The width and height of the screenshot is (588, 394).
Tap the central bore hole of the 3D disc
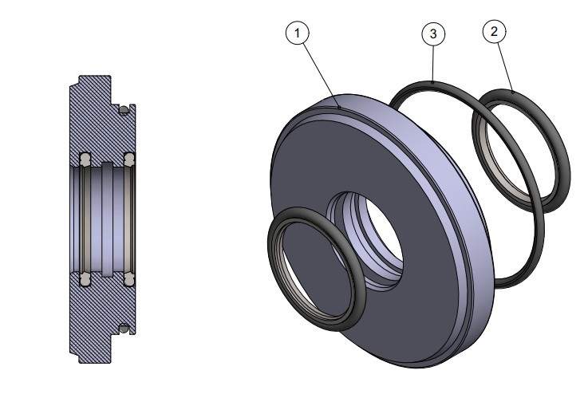coord(375,231)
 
